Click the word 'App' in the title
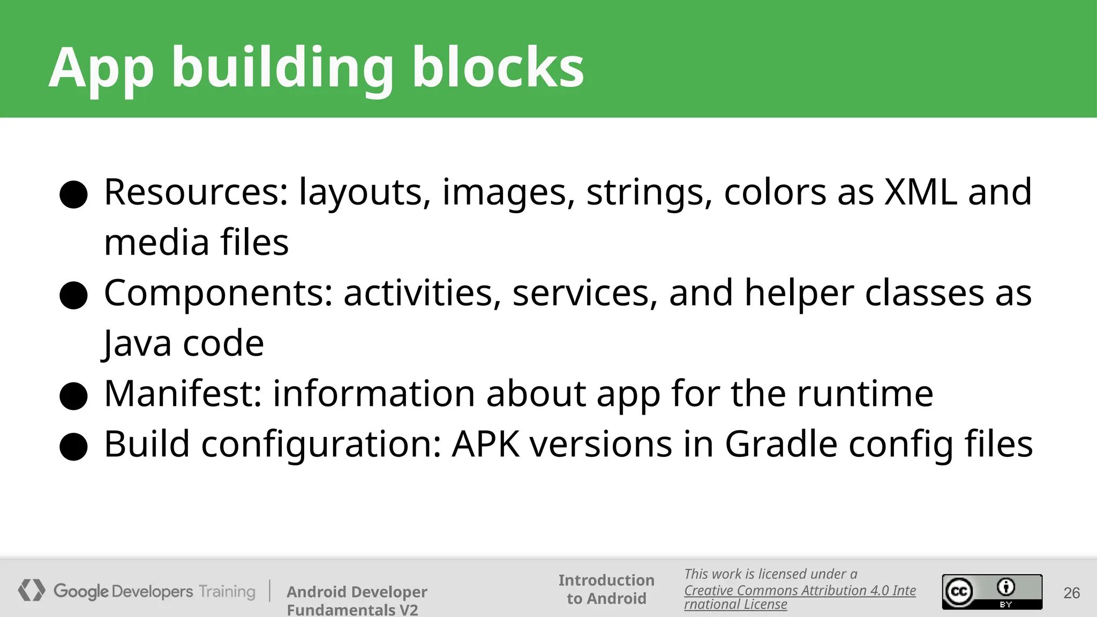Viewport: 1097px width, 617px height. (101, 69)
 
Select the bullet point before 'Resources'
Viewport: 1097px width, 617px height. (73, 194)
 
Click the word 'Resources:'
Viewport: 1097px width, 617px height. (196, 192)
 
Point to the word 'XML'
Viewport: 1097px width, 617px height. (920, 192)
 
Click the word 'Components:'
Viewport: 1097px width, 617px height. (218, 294)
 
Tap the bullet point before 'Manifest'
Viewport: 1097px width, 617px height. (73, 396)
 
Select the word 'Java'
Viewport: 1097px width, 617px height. (137, 343)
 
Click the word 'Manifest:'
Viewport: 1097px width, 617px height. (183, 394)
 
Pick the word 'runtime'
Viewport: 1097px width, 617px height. (865, 394)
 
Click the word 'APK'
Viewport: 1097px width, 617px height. (485, 444)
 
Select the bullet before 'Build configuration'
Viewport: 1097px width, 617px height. (73, 447)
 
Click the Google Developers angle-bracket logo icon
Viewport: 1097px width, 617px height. (32, 590)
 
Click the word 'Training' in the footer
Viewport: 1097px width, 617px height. (227, 592)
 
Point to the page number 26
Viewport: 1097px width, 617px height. (1071, 593)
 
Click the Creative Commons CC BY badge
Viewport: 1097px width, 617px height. (992, 592)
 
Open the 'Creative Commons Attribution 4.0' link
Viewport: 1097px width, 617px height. (799, 591)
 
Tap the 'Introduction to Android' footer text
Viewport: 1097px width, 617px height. (606, 589)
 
